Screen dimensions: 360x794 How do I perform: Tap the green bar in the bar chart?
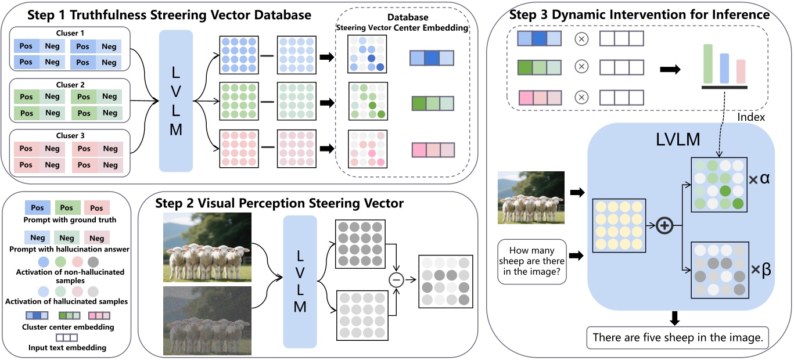(707, 64)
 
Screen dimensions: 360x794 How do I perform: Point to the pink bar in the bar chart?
(741, 71)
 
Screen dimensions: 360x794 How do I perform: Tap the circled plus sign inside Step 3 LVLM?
(663, 226)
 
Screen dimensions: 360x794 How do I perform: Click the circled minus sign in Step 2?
(397, 280)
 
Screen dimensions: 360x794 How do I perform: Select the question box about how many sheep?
(532, 262)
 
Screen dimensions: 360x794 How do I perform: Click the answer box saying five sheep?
(677, 337)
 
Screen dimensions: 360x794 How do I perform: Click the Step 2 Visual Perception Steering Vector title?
(279, 203)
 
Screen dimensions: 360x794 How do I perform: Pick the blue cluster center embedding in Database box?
(432, 58)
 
